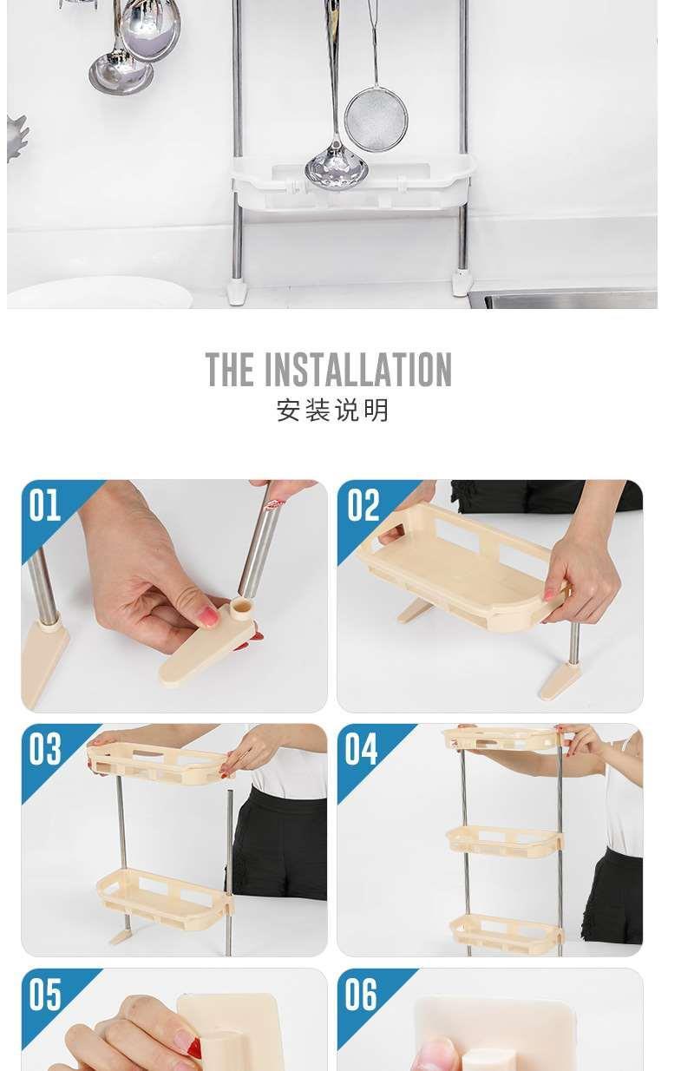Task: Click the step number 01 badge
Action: tap(45, 505)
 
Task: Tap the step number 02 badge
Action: tap(363, 505)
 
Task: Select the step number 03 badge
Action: tap(45, 749)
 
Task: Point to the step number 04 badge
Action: tap(362, 749)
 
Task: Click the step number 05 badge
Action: tap(45, 995)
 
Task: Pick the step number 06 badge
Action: tap(362, 995)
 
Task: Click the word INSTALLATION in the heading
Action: tap(357, 371)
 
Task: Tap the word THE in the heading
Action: tap(230, 371)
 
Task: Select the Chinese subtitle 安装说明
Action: tap(332, 410)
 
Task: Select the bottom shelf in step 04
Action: tap(507, 932)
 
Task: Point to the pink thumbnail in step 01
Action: tap(208, 616)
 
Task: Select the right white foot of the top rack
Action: tap(461, 283)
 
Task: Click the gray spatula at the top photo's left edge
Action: tap(16, 136)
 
